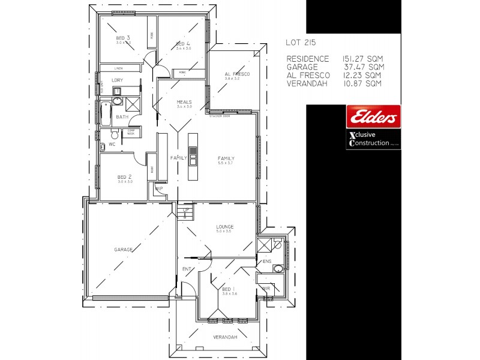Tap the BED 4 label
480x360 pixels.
coord(183,44)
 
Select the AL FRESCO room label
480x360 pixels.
coord(236,74)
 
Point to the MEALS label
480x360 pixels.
coord(184,102)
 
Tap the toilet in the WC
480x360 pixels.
coord(103,145)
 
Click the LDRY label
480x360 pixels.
coord(118,80)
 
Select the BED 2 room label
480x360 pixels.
coord(124,177)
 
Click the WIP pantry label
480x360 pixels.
coord(159,188)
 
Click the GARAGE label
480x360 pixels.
coord(123,249)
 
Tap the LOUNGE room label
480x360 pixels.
coord(224,226)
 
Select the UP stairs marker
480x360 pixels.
coord(187,211)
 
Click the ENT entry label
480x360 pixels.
coord(187,269)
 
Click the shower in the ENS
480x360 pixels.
coord(263,245)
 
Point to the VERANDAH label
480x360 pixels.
coord(225,337)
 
